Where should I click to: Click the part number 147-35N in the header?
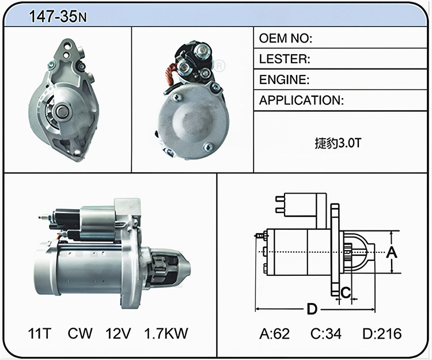pyautogui.click(x=58, y=16)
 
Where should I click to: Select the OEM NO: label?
pyautogui.click(x=286, y=38)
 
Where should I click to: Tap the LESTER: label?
pyautogui.click(x=285, y=59)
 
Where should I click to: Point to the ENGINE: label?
pyautogui.click(x=285, y=79)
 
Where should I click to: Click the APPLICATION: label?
pyautogui.click(x=301, y=100)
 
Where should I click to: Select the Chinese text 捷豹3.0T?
pyautogui.click(x=338, y=143)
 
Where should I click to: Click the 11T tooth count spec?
pyautogui.click(x=40, y=334)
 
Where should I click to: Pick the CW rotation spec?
pyautogui.click(x=80, y=334)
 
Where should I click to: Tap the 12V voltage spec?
pyautogui.click(x=118, y=334)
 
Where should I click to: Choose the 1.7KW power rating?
pyautogui.click(x=166, y=334)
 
